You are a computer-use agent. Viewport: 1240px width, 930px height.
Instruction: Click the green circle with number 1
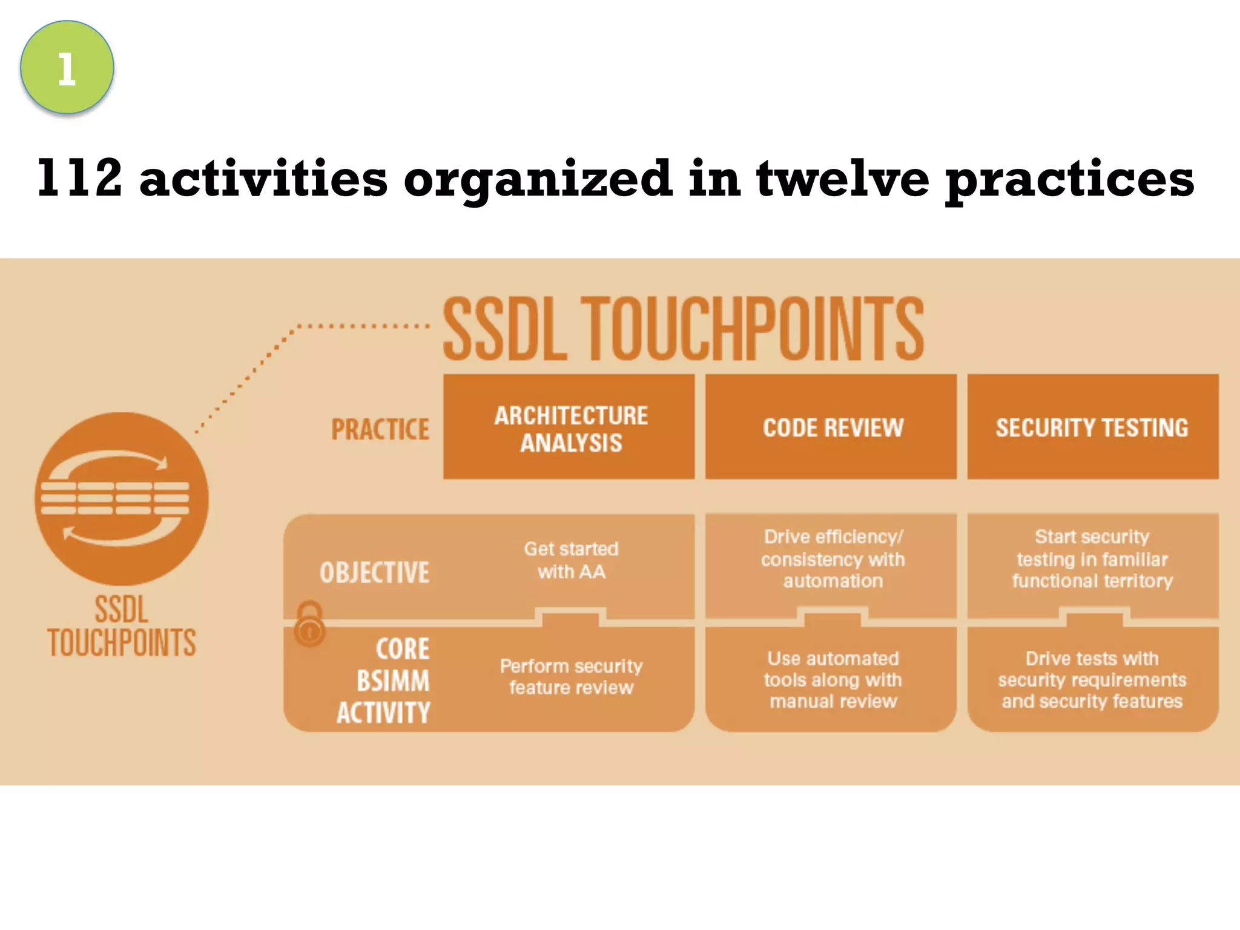coord(67,67)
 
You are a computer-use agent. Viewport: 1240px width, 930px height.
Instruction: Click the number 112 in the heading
coord(79,178)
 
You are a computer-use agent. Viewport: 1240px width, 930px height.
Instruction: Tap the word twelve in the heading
coord(842,178)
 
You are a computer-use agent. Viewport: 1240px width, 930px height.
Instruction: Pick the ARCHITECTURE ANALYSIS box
coord(569,427)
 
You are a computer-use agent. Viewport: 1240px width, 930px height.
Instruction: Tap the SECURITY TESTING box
coord(1092,427)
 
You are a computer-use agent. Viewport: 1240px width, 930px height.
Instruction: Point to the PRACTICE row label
coord(380,429)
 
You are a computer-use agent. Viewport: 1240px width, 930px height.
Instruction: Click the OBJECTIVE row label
coord(374,572)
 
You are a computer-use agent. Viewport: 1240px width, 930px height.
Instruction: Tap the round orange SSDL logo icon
coord(122,498)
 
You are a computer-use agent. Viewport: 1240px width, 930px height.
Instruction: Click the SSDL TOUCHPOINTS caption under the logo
coord(122,627)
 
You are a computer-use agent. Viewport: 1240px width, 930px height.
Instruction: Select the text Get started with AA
coord(571,560)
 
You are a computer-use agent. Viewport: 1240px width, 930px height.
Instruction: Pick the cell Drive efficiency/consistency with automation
coord(833,559)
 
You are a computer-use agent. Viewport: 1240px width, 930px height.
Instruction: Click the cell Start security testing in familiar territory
coord(1092,559)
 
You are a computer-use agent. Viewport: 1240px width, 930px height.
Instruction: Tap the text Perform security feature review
coord(571,677)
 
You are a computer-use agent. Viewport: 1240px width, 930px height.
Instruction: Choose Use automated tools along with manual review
coord(833,679)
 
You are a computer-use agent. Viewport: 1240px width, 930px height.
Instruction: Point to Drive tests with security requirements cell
coord(1092,679)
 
